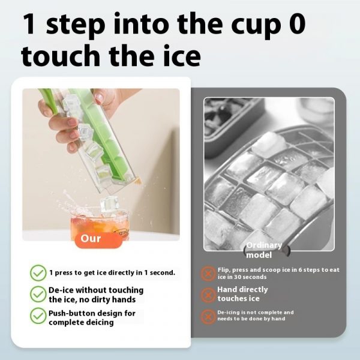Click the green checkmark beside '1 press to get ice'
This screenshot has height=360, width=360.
coord(38,273)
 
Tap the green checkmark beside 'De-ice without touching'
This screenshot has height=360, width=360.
coord(38,294)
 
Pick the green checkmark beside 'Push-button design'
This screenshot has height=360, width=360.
coord(38,316)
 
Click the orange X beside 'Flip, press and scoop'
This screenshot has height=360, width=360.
coord(208,274)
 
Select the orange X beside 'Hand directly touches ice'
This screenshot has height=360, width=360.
coord(208,294)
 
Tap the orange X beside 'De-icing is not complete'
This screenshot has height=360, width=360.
coord(208,316)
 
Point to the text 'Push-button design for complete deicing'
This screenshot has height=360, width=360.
coord(92,317)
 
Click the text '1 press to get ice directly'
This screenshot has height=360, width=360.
coord(112,273)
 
